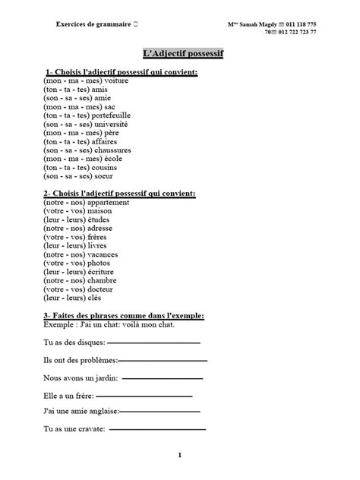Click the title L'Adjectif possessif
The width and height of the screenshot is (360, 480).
(x=179, y=54)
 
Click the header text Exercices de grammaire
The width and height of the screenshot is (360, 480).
(x=93, y=24)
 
